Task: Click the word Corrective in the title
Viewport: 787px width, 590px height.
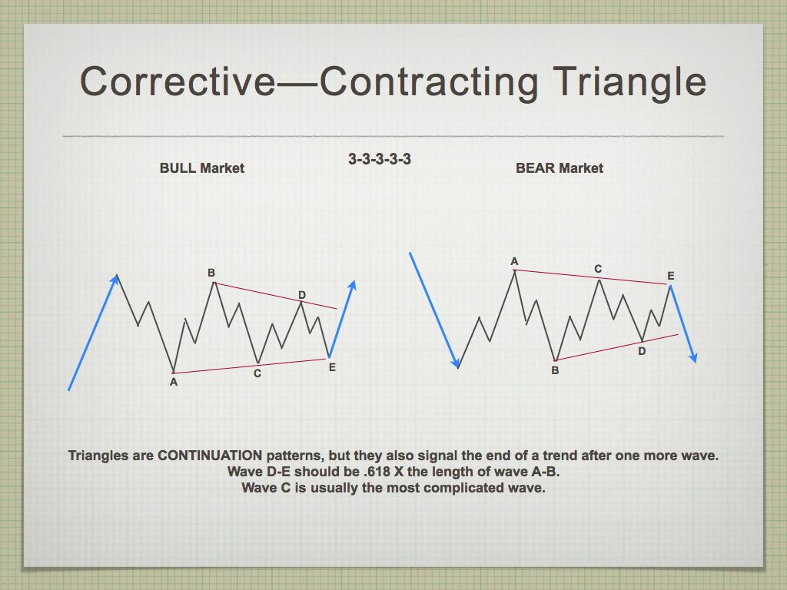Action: pyautogui.click(x=178, y=81)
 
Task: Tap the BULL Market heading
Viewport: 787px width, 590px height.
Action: pyautogui.click(x=202, y=168)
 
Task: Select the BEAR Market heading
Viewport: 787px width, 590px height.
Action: pyautogui.click(x=560, y=168)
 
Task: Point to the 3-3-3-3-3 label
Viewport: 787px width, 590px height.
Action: pyautogui.click(x=380, y=159)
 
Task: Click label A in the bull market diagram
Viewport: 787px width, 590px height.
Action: pyautogui.click(x=174, y=383)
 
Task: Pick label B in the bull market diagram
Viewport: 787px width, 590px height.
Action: pyautogui.click(x=211, y=273)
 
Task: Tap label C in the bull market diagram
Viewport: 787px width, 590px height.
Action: pyautogui.click(x=257, y=374)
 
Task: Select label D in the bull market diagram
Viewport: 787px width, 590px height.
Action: pyautogui.click(x=301, y=295)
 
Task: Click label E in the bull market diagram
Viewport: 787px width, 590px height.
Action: pyautogui.click(x=332, y=368)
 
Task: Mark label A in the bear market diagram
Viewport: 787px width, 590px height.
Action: pyautogui.click(x=514, y=261)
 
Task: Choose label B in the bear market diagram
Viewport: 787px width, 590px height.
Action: pyautogui.click(x=555, y=371)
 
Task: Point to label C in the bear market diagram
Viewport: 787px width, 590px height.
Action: pyautogui.click(x=598, y=270)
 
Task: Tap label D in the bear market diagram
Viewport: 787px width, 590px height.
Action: pyautogui.click(x=642, y=351)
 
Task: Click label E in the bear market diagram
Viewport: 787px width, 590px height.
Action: pyautogui.click(x=670, y=276)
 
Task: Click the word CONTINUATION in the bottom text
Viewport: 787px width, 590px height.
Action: pyautogui.click(x=210, y=456)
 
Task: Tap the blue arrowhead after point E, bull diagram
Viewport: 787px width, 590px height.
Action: pyautogui.click(x=352, y=286)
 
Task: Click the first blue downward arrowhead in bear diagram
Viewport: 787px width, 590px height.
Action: pyautogui.click(x=456, y=363)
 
